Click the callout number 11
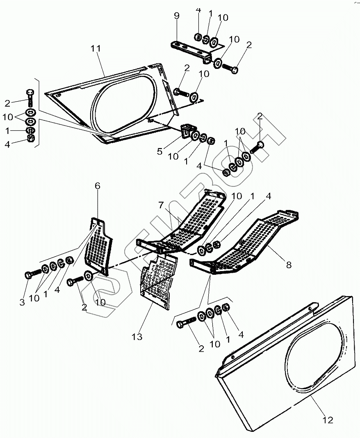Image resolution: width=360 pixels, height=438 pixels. coord(96,49)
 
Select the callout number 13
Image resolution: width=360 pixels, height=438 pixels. coord(137,337)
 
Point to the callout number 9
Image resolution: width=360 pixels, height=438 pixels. coord(176,16)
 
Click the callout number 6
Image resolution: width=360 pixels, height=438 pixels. coord(97,186)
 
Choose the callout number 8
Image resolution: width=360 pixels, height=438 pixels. coord(289,265)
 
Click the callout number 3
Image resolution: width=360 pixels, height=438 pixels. coord(22,303)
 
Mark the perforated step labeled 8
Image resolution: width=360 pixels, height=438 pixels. coord(246,246)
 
